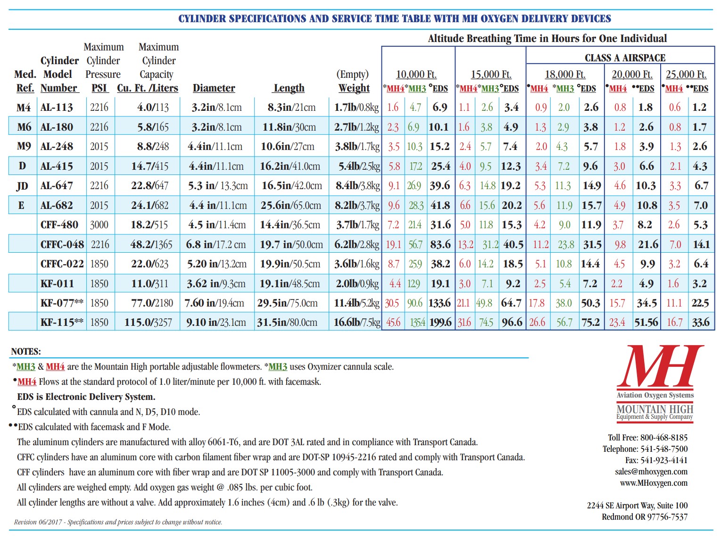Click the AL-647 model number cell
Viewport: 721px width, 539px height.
(x=57, y=186)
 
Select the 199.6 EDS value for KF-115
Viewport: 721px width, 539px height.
(x=439, y=323)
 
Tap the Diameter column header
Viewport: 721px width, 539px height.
(x=214, y=88)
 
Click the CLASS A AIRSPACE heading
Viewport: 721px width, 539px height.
(x=625, y=58)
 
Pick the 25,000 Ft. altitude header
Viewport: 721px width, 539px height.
(x=686, y=75)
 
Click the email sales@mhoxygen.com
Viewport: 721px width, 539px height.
(x=651, y=472)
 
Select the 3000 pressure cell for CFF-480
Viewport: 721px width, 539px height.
(x=99, y=225)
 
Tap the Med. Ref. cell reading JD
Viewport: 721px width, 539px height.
(x=22, y=186)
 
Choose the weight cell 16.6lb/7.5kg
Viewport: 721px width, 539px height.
(x=356, y=323)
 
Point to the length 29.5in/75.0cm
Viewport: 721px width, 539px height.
(x=287, y=303)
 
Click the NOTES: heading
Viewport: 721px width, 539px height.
(x=26, y=352)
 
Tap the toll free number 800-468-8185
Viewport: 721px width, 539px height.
(x=663, y=438)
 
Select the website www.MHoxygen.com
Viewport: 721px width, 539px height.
(x=654, y=483)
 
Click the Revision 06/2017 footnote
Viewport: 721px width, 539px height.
(x=118, y=522)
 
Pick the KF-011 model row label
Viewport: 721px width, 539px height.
(x=57, y=283)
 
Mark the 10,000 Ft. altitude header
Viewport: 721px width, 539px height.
(x=416, y=75)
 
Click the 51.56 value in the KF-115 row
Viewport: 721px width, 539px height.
(x=646, y=323)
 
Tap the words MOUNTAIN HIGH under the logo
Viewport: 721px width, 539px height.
(x=655, y=409)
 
